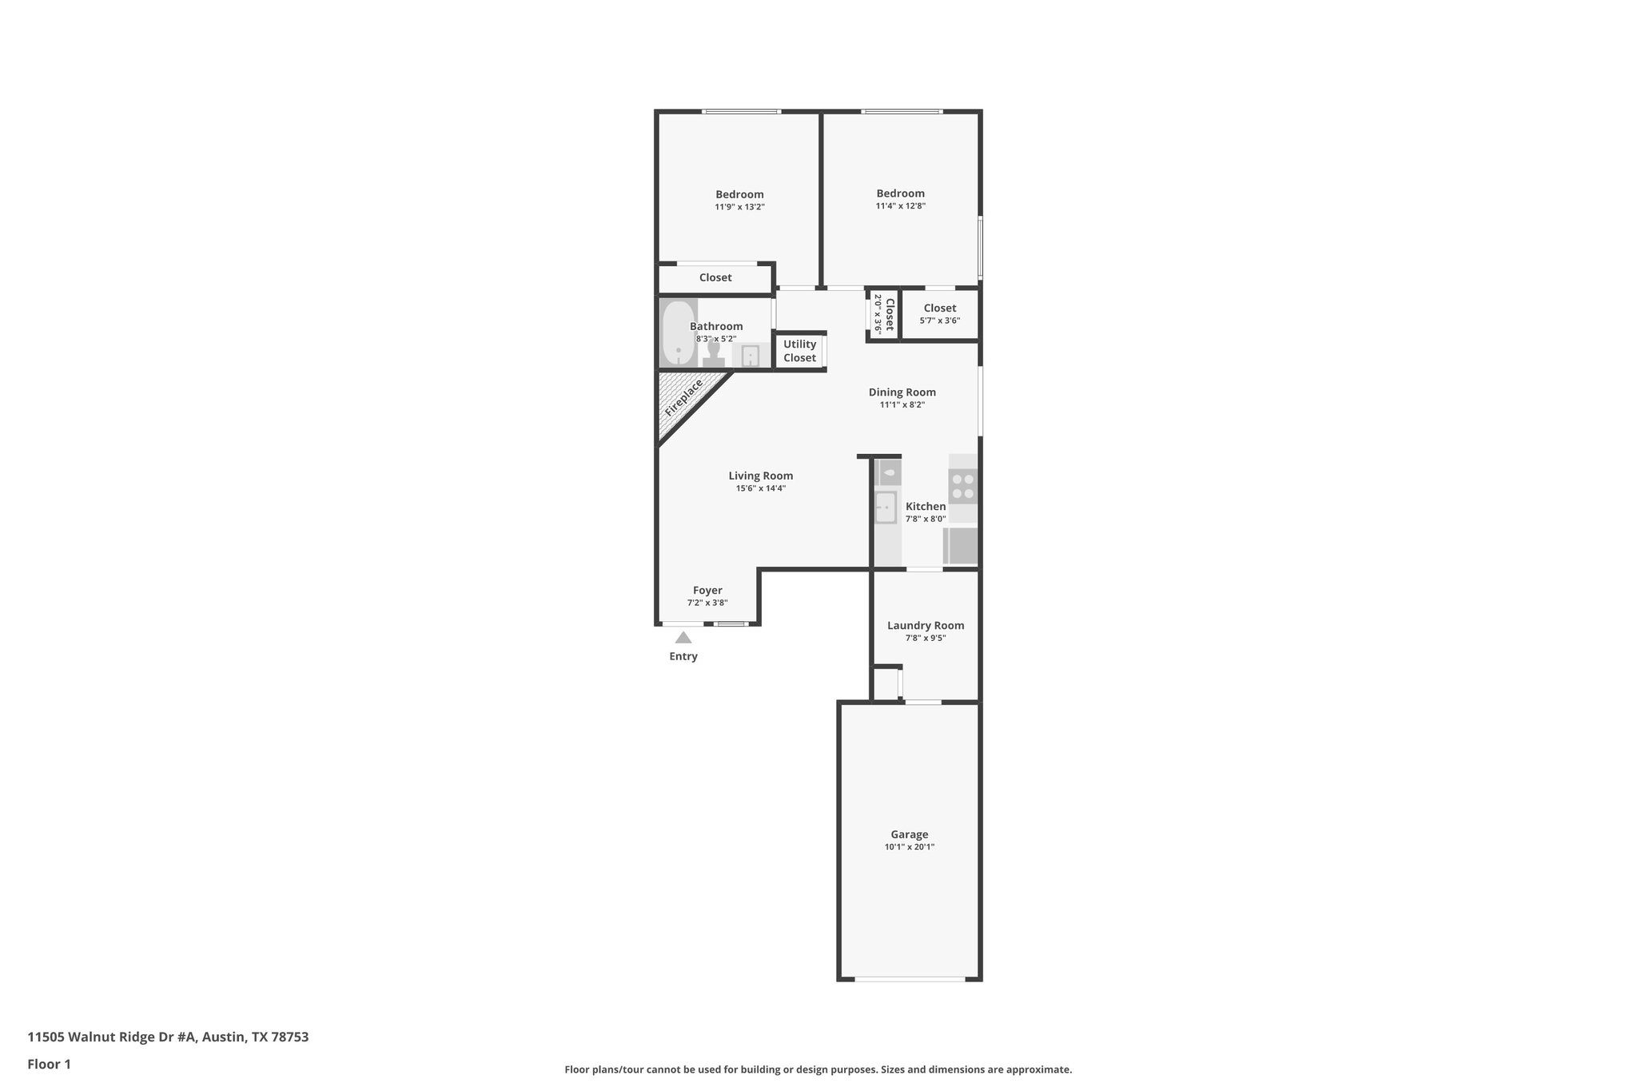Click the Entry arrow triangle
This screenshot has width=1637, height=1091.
click(683, 637)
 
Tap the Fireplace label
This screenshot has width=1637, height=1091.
click(683, 397)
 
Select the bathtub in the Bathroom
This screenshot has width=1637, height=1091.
click(679, 332)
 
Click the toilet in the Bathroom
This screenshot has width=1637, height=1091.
click(713, 353)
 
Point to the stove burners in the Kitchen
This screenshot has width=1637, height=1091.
click(962, 486)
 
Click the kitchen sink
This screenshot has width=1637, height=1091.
click(886, 508)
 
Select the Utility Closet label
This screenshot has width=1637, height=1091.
click(799, 351)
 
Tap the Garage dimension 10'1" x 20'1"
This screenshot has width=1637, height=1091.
click(909, 846)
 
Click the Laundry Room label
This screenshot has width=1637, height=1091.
click(925, 625)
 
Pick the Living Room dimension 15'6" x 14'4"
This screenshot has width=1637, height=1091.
click(760, 488)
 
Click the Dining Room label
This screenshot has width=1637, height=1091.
click(902, 392)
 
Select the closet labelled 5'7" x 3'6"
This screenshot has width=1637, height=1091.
click(939, 314)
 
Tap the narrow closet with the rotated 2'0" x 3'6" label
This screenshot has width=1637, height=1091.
click(883, 314)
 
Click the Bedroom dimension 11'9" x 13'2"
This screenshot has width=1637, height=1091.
click(739, 207)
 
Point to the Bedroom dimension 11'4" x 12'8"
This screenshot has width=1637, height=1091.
click(900, 206)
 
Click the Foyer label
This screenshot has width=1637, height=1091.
click(707, 590)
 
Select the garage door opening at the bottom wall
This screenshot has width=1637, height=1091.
click(909, 978)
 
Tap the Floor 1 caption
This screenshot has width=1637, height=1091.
click(49, 1064)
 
